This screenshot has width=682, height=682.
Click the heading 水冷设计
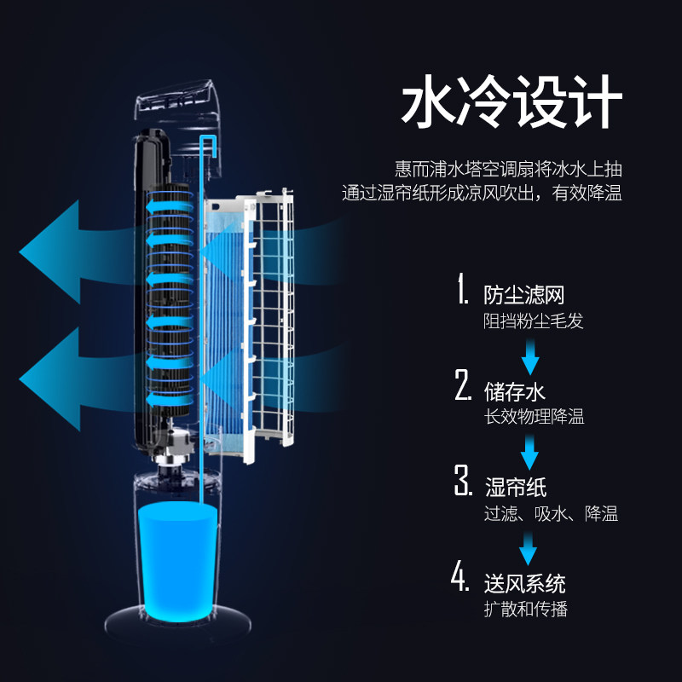(511, 104)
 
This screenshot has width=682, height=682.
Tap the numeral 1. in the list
(462, 291)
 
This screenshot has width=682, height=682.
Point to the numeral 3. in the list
(462, 483)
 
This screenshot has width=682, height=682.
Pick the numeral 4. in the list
(461, 578)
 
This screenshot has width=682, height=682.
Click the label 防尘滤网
(524, 295)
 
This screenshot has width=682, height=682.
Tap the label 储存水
(514, 391)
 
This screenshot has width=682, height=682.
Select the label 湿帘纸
(515, 487)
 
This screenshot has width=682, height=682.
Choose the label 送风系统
(524, 583)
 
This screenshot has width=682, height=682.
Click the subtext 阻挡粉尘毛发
(534, 321)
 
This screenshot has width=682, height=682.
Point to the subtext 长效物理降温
(534, 418)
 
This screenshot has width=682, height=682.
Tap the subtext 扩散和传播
(525, 609)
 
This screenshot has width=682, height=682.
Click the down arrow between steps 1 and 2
(530, 354)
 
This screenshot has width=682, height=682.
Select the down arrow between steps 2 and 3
(530, 451)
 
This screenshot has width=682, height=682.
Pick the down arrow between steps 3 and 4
(530, 546)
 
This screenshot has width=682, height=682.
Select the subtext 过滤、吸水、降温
(550, 513)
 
